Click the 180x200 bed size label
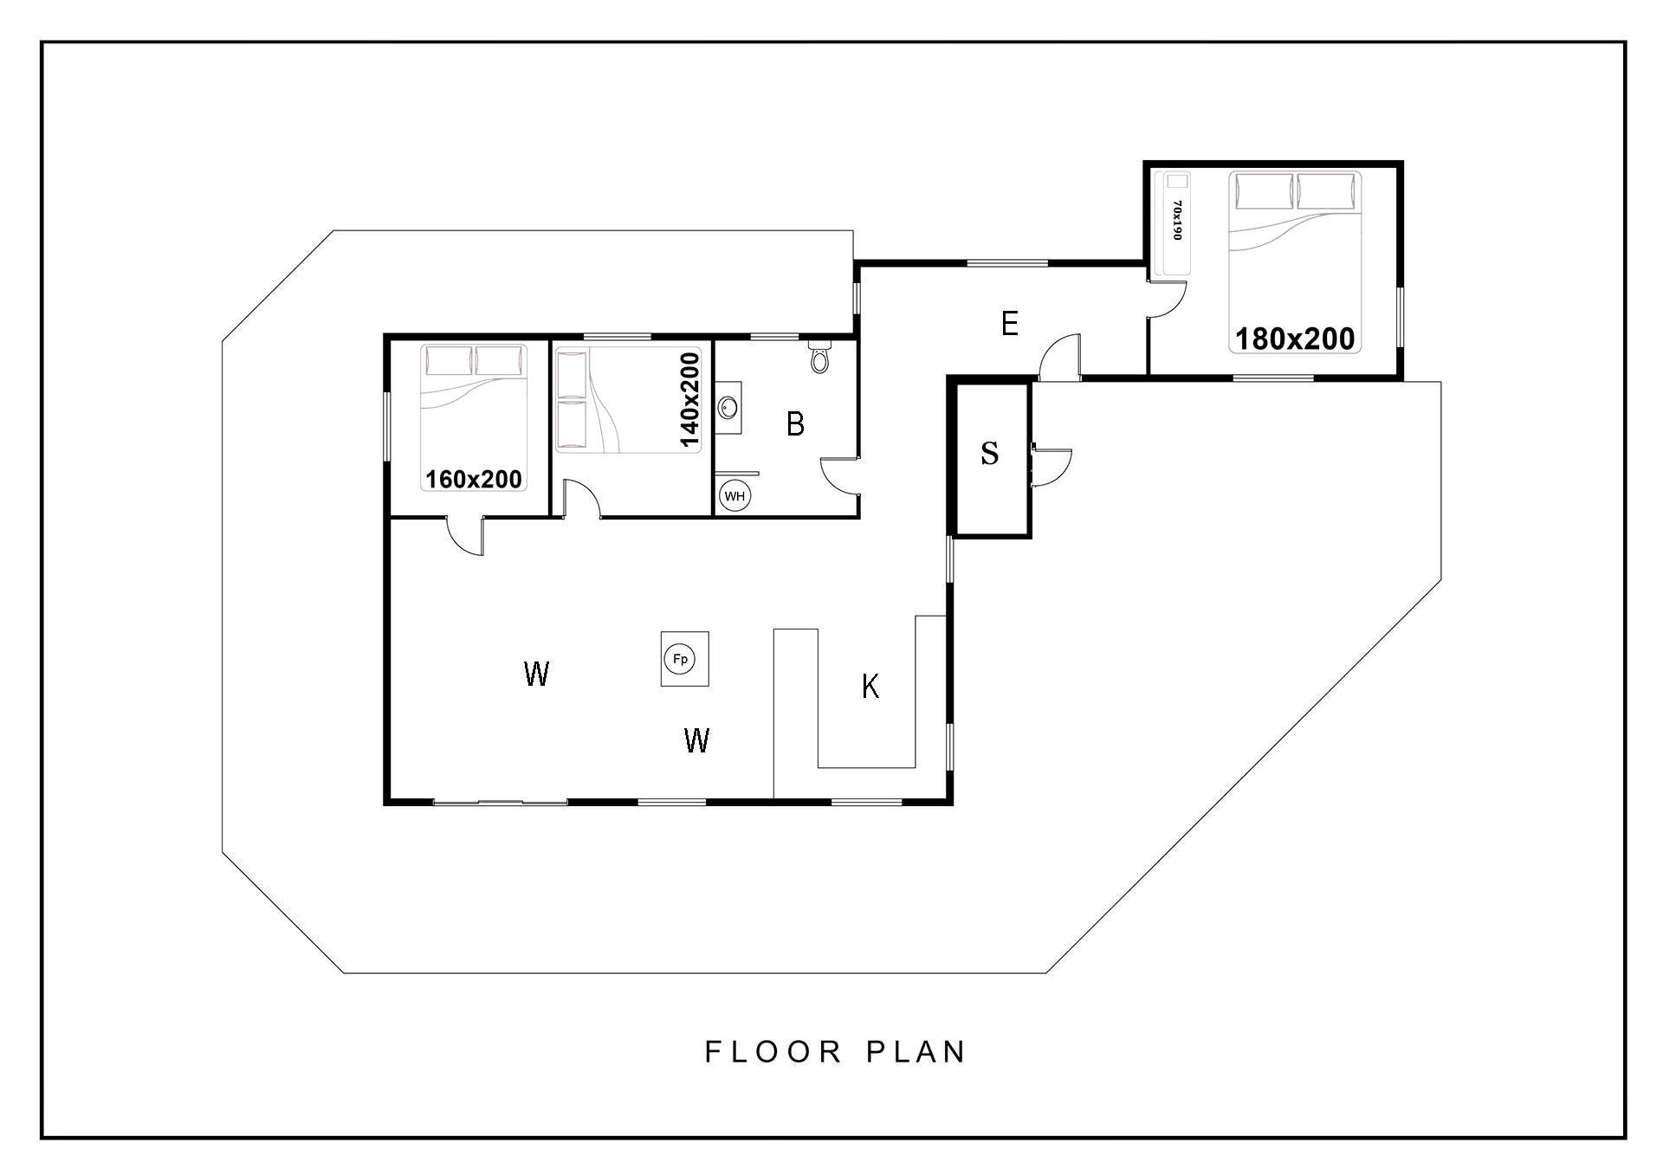coord(1295,339)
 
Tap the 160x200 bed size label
coord(474,479)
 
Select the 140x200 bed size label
coord(689,400)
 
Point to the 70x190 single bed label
coord(1176,221)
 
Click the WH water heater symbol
coord(734,496)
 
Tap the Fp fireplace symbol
coord(680,660)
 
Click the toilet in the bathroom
coord(819,355)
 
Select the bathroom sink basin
coord(728,406)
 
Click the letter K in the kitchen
coord(870,687)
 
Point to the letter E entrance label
coord(1009,325)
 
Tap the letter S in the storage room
coord(989,453)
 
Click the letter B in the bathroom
coord(795,424)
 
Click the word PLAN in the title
coord(916,1052)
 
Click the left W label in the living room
coord(536,673)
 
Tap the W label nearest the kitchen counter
coord(697,740)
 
